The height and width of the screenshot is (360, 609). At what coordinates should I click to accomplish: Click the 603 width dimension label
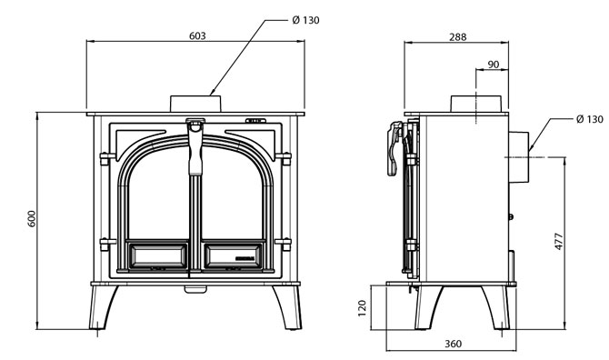click(197, 36)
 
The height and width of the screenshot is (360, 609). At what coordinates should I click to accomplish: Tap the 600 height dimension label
click(32, 219)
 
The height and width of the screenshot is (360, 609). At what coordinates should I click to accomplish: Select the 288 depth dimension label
click(457, 37)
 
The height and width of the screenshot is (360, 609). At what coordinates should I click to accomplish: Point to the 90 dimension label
click(493, 65)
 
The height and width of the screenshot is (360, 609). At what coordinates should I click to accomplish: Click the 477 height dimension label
click(558, 241)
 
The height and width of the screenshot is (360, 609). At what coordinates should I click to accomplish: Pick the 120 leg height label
click(362, 308)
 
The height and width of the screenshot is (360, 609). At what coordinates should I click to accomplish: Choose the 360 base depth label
click(453, 344)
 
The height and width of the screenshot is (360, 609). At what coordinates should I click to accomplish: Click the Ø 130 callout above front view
click(305, 20)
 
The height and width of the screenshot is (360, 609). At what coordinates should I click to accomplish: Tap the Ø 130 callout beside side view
click(590, 119)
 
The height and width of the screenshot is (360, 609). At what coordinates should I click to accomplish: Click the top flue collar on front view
click(195, 104)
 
